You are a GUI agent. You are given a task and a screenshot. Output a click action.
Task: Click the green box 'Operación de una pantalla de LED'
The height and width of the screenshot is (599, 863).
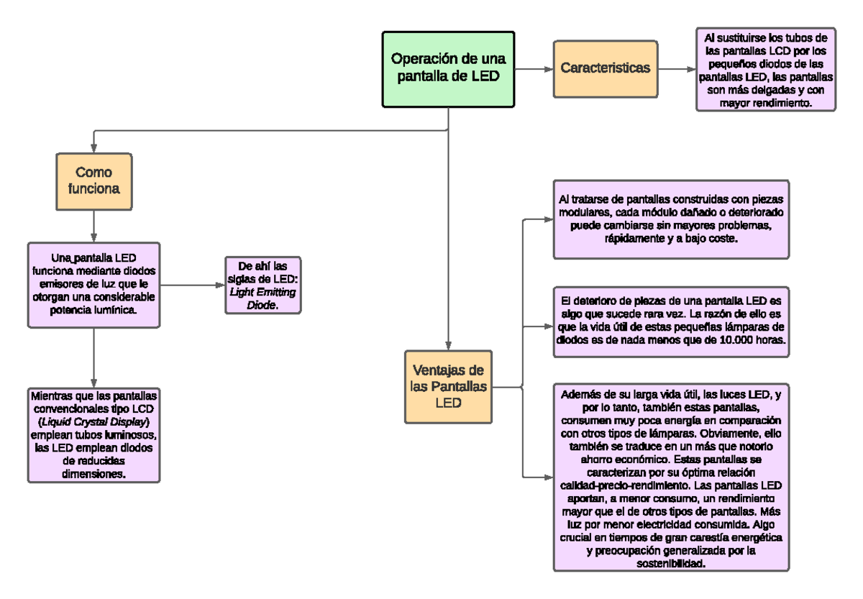pos(448,69)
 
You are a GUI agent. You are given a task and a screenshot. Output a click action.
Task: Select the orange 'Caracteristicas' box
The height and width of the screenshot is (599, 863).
pos(606,69)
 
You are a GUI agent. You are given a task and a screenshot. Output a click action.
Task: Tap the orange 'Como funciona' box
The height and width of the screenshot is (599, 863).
pos(94,181)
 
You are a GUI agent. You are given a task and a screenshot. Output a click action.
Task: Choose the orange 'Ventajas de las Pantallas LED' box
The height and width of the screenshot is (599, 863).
pos(448,387)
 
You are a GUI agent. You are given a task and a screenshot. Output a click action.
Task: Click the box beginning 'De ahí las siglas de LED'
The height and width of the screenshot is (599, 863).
pos(262,285)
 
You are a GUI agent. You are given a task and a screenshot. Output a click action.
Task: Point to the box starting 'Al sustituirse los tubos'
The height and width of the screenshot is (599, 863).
pos(765,69)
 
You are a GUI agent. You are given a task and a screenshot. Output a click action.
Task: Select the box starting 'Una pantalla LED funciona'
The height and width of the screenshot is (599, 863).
pos(93,285)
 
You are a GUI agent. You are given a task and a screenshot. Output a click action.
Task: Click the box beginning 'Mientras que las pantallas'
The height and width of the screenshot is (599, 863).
pos(93,435)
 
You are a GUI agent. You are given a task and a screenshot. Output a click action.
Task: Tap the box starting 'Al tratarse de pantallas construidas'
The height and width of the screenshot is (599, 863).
pos(671,219)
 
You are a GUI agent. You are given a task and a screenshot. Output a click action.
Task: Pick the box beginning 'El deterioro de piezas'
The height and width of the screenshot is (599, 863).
pos(671,322)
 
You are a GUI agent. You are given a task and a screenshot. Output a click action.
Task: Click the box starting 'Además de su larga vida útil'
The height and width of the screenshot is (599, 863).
pos(671,477)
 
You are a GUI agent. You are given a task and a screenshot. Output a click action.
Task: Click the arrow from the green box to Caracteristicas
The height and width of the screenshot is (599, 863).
pos(534,69)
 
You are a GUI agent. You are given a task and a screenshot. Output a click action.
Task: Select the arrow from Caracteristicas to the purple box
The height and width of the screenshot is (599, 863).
pos(677,69)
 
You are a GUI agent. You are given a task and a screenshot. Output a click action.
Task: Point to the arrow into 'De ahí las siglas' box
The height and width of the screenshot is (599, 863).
pos(193,285)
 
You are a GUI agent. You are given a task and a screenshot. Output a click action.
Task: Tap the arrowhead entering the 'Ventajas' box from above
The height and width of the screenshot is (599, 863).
pos(448,346)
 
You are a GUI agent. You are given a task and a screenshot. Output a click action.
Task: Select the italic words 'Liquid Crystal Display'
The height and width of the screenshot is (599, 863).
pos(93,422)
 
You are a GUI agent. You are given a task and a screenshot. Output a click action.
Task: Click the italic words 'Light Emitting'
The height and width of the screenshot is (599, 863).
pos(262,292)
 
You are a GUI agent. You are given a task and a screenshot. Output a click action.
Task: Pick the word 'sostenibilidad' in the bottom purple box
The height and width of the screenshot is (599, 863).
pos(671,564)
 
